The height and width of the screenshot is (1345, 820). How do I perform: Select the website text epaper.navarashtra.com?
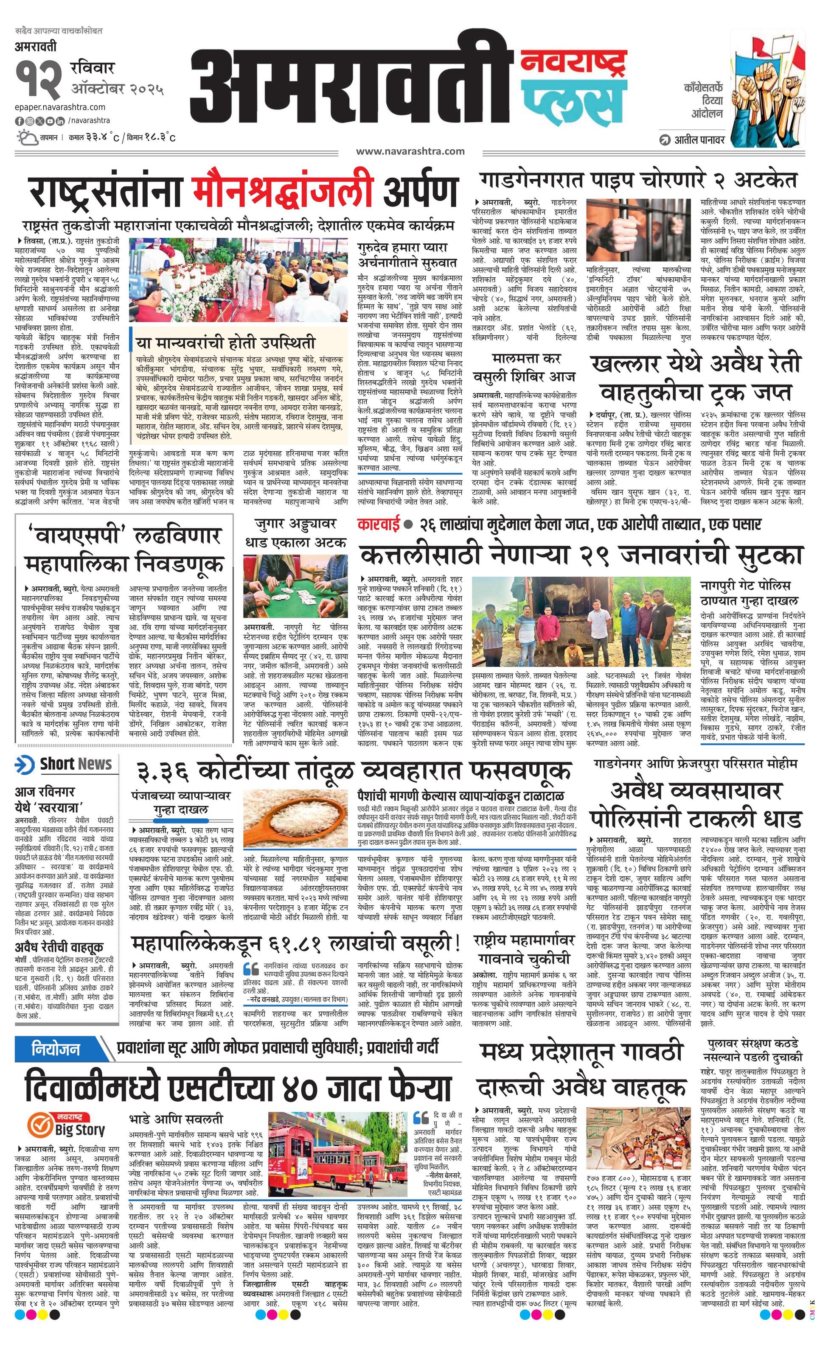coord(60,107)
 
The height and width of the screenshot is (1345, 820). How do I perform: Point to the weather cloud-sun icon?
coord(25,137)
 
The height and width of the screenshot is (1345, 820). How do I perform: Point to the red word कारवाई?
coord(377,525)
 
